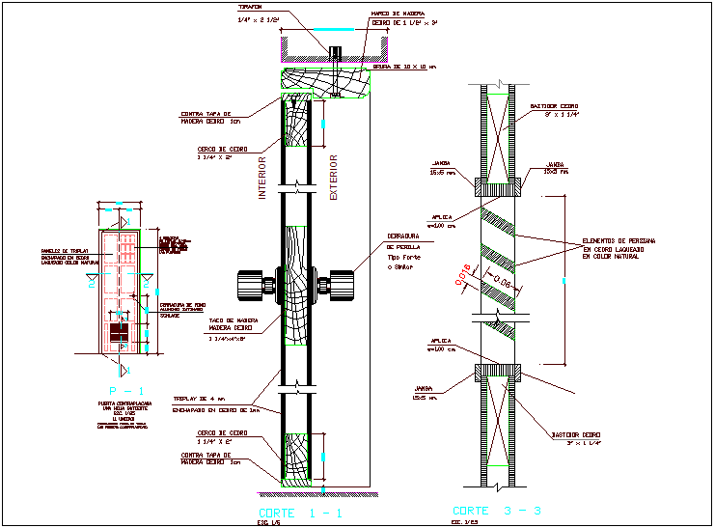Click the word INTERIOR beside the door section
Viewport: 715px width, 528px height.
[x=262, y=177]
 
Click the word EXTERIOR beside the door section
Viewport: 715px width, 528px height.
[x=334, y=177]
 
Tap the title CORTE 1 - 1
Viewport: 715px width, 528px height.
[x=300, y=513]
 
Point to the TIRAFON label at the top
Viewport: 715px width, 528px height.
[x=251, y=6]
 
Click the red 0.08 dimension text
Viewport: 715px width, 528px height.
[x=502, y=286]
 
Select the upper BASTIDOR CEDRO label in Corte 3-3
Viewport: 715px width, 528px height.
[x=554, y=107]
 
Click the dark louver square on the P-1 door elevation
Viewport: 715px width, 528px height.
[x=120, y=333]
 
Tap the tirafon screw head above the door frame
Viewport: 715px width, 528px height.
[x=337, y=51]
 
